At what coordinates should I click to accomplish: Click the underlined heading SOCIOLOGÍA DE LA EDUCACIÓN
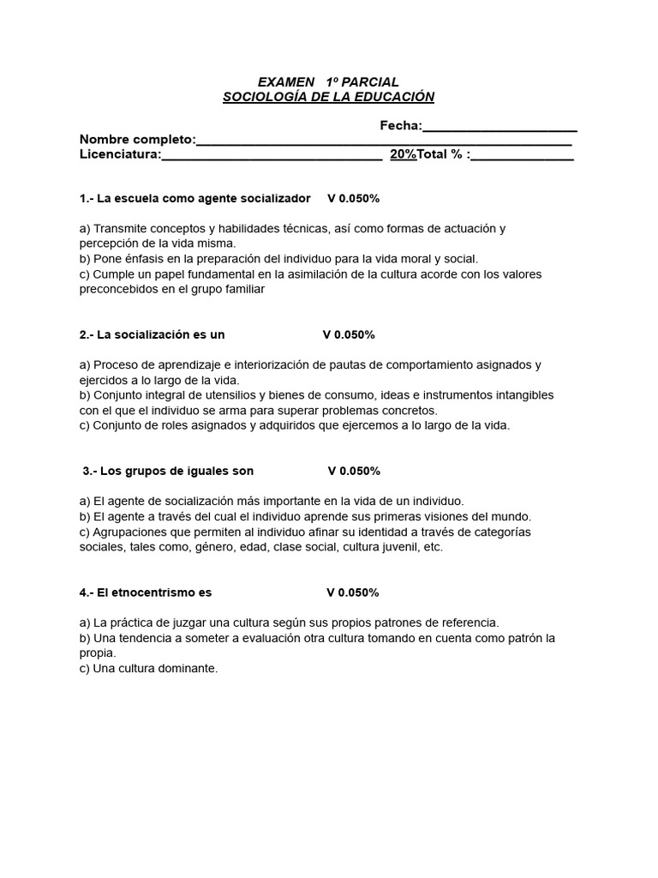pos(328,97)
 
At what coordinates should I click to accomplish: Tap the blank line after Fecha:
pos(499,127)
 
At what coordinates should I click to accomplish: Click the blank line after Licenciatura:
pos(272,156)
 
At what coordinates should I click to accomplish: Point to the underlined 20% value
pos(403,154)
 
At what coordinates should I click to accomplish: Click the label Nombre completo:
pos(137,140)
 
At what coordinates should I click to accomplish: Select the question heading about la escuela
pos(194,198)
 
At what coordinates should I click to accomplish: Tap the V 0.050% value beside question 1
pos(353,198)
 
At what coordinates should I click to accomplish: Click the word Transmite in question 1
pos(120,228)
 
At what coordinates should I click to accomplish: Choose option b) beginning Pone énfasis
pos(278,258)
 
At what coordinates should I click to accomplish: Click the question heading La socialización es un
pos(152,334)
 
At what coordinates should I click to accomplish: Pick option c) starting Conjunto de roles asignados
pos(294,424)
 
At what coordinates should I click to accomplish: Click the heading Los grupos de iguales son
pos(168,471)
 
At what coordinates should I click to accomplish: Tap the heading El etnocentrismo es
pos(145,592)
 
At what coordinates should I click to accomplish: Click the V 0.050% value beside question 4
pos(352,592)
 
